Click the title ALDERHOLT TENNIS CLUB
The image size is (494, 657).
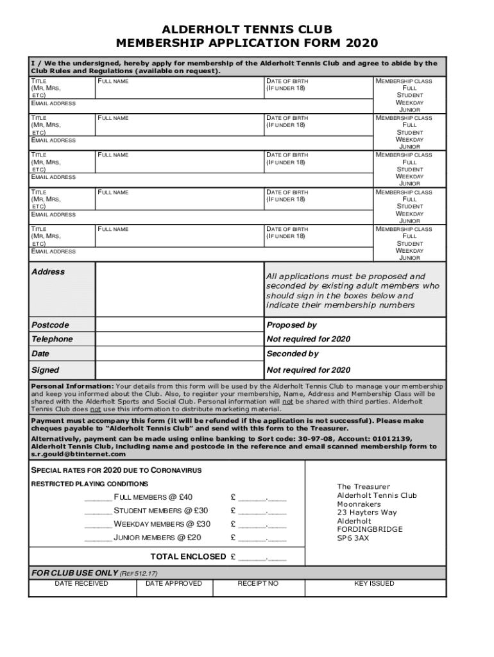coord(247,30)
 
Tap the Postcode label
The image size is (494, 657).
coord(50,325)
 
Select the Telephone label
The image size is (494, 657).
coord(52,339)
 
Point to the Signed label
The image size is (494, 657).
coord(45,370)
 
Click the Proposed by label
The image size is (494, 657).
coord(291,325)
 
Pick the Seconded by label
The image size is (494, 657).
coord(292,354)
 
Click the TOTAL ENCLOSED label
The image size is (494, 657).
coord(188,556)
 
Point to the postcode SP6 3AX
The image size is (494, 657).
coord(353,538)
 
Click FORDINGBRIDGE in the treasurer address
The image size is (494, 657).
coord(370,529)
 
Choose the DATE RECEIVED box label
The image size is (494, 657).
coord(81,583)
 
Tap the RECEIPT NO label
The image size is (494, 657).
coord(258,583)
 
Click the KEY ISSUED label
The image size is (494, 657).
coord(374,583)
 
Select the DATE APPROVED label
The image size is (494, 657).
coord(173,583)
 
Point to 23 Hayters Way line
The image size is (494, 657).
coord(367,512)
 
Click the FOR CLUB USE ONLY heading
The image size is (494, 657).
coord(74,572)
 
